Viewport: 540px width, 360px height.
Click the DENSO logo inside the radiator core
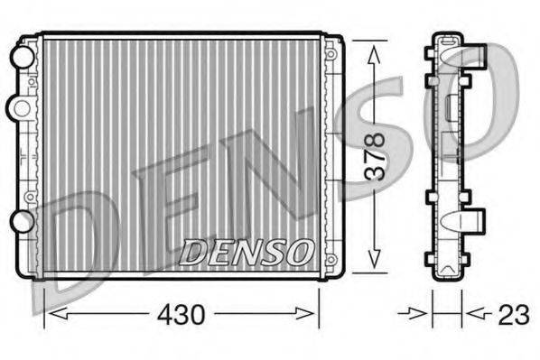pos(247,252)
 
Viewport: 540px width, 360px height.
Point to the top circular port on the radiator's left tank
pos(20,55)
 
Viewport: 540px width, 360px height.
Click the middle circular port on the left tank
pos(18,108)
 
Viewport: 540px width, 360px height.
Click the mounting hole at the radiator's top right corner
pos(331,54)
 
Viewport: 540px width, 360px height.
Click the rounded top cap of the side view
pos(447,38)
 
